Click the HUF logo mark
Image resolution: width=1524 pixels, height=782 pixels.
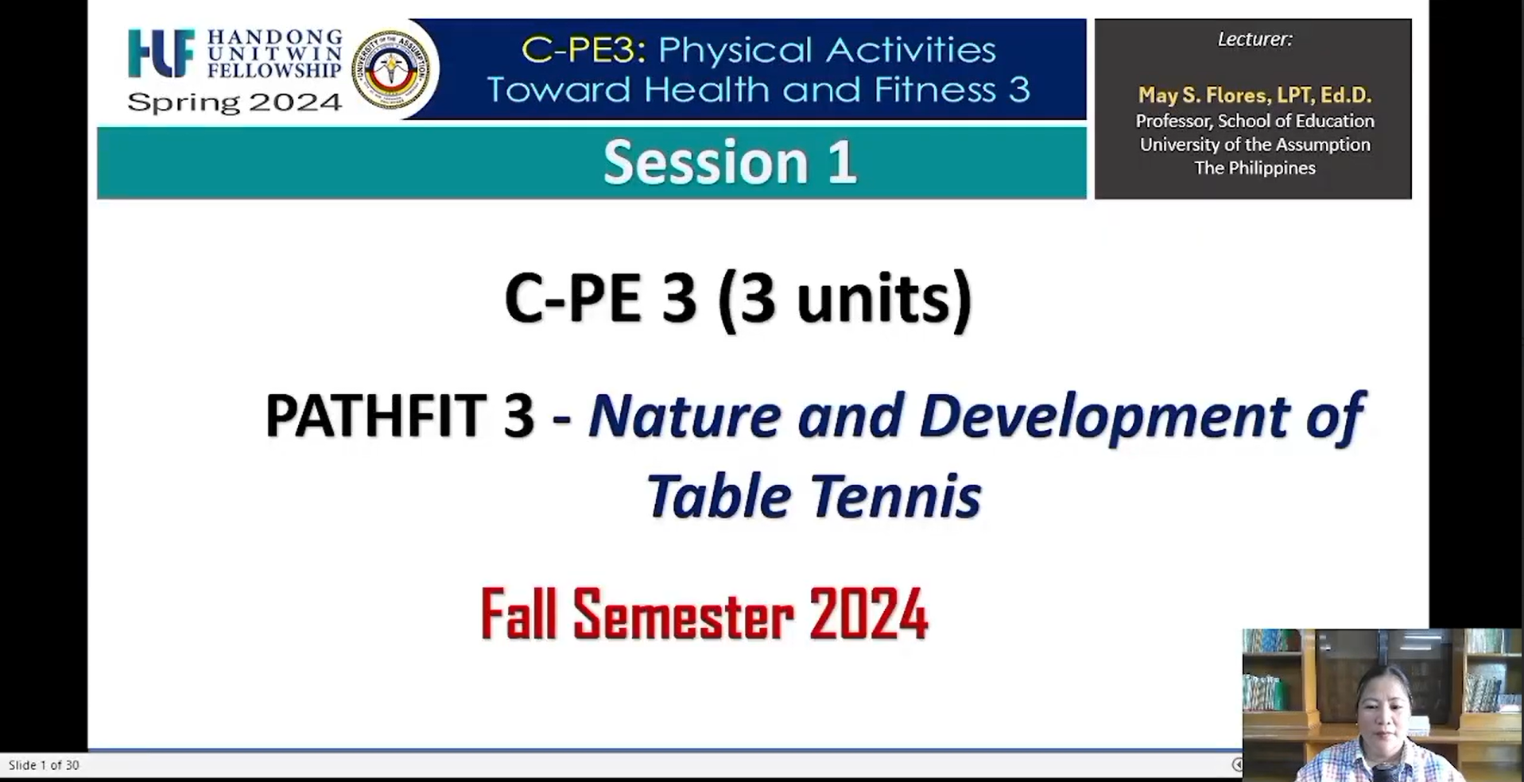pos(161,53)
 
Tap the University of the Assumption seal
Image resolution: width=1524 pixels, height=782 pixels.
pos(390,70)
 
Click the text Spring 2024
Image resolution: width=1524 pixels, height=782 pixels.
pos(235,103)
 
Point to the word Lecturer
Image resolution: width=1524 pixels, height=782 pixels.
pos(1254,39)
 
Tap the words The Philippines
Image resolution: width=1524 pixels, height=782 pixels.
pos(1254,168)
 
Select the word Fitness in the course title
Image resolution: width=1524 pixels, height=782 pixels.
pos(935,89)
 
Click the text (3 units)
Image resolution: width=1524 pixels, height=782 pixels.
pos(844,298)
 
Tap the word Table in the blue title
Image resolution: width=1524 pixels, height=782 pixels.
pos(719,495)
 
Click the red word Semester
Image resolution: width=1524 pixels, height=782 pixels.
pos(683,614)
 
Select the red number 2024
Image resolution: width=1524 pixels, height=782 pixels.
pos(868,614)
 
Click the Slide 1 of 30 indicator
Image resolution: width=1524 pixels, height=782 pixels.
pos(44,765)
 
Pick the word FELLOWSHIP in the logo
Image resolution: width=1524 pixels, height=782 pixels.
pos(274,70)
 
